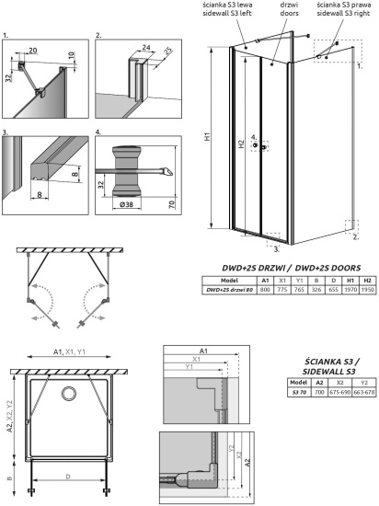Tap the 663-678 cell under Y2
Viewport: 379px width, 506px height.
(x=364, y=391)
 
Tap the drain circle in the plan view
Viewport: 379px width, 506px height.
(x=68, y=395)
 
